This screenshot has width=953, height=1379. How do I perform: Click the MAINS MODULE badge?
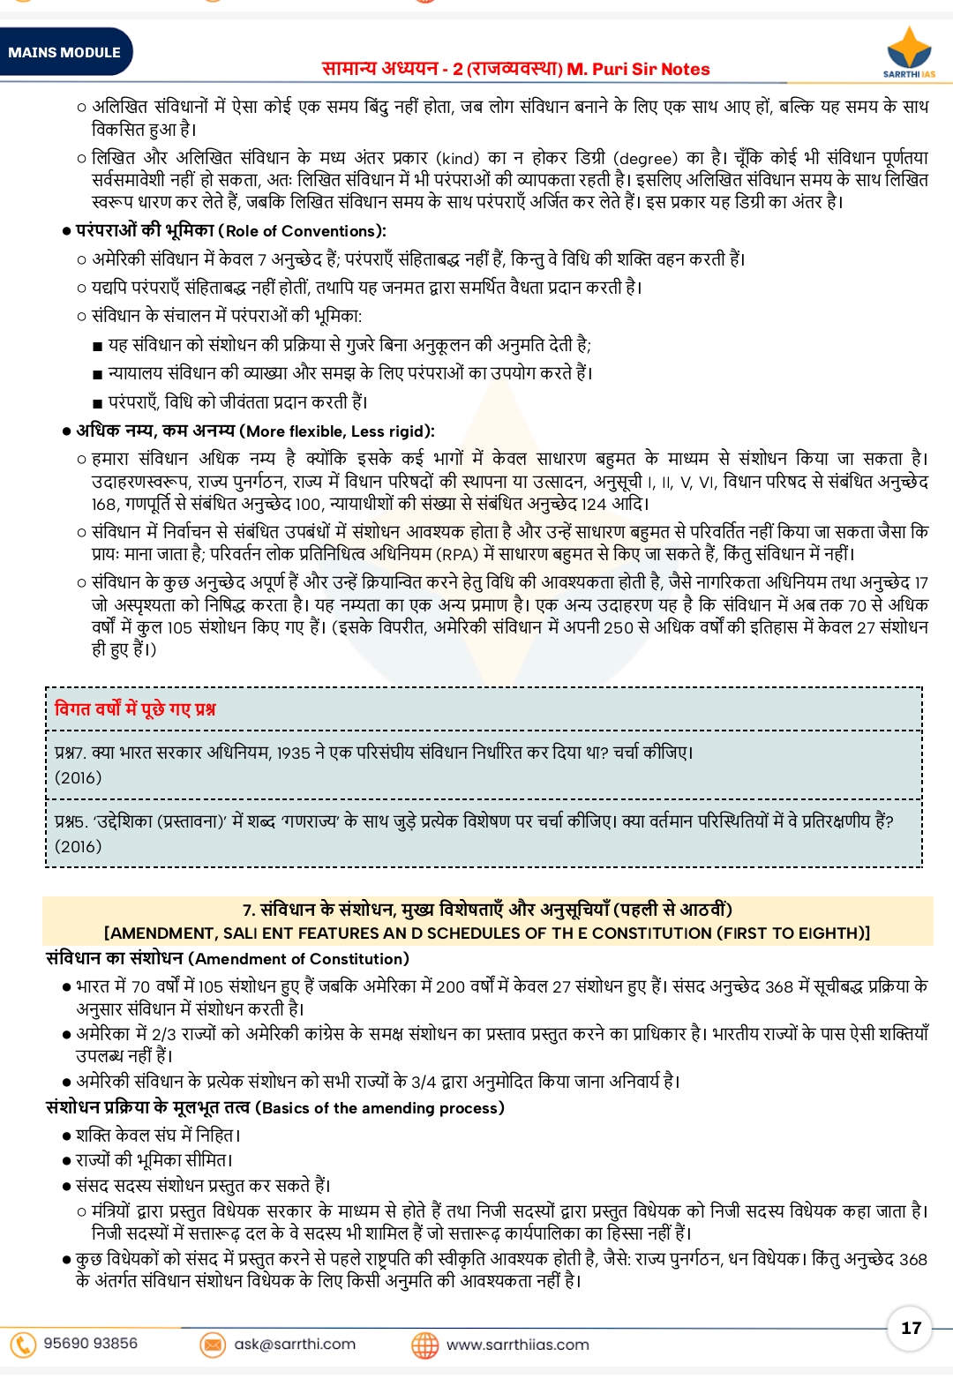click(x=64, y=52)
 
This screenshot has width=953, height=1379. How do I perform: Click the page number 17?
click(x=911, y=1328)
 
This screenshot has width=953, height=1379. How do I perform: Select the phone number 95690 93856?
click(x=91, y=1343)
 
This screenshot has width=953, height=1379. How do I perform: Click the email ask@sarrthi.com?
click(x=295, y=1344)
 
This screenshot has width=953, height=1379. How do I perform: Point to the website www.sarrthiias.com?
click(x=517, y=1345)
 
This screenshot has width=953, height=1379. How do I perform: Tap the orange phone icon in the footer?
click(x=23, y=1345)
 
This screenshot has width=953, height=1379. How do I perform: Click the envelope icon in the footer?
click(x=213, y=1345)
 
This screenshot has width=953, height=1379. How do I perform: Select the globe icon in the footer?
click(x=425, y=1345)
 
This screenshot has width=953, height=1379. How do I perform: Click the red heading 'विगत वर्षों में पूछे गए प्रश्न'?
click(x=135, y=708)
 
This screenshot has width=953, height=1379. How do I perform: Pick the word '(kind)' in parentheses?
click(x=458, y=159)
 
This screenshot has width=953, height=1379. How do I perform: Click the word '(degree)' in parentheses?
click(x=646, y=159)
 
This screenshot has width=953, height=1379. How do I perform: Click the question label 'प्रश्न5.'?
click(x=71, y=821)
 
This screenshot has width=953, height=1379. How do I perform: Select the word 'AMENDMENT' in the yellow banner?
click(x=161, y=933)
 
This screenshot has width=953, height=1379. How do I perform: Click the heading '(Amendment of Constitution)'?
click(x=299, y=959)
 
